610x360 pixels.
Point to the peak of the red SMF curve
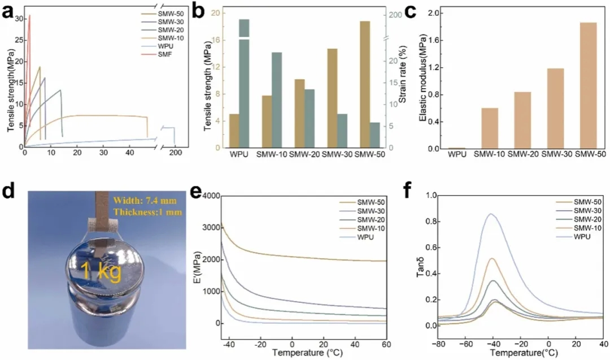click(x=30, y=16)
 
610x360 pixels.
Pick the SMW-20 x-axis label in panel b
click(x=304, y=154)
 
